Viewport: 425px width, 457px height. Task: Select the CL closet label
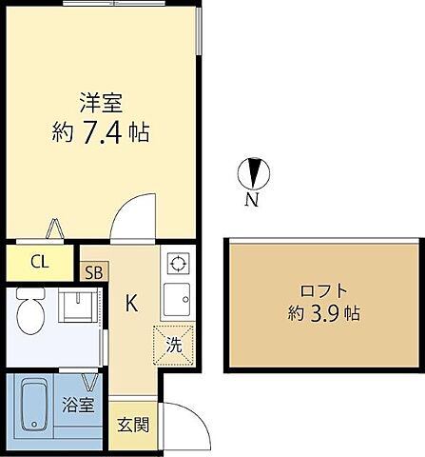tap(39, 262)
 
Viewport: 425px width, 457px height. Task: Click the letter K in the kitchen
tap(133, 304)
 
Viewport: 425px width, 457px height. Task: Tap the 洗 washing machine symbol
tap(174, 343)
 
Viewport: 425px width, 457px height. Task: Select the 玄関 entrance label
tap(133, 425)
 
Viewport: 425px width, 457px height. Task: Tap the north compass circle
tap(254, 173)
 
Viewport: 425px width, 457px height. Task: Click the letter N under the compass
tap(252, 200)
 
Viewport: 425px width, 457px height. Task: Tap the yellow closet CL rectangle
tap(39, 262)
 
